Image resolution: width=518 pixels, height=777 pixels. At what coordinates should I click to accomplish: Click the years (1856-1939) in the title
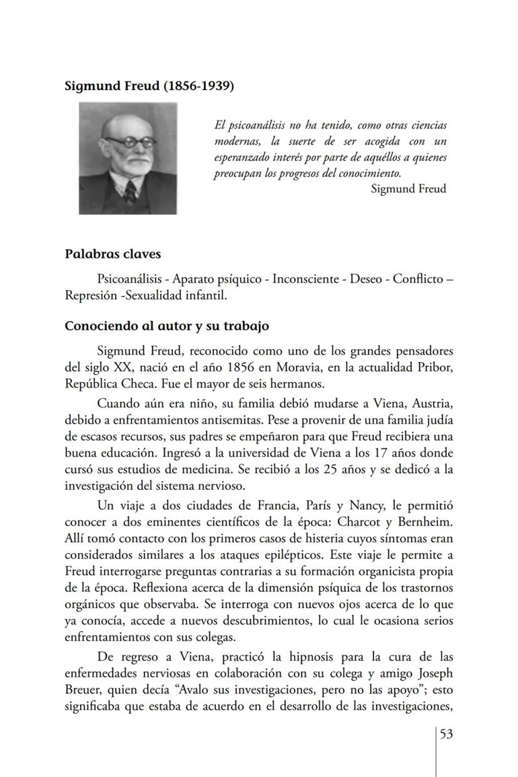[198, 86]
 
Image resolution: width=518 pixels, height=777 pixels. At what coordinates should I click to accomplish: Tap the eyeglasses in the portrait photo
[129, 142]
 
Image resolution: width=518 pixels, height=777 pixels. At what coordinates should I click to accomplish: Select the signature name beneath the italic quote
[408, 188]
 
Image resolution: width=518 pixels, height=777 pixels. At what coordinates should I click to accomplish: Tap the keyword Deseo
[364, 278]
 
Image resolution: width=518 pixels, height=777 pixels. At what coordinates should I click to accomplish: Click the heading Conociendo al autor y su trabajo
[167, 327]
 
